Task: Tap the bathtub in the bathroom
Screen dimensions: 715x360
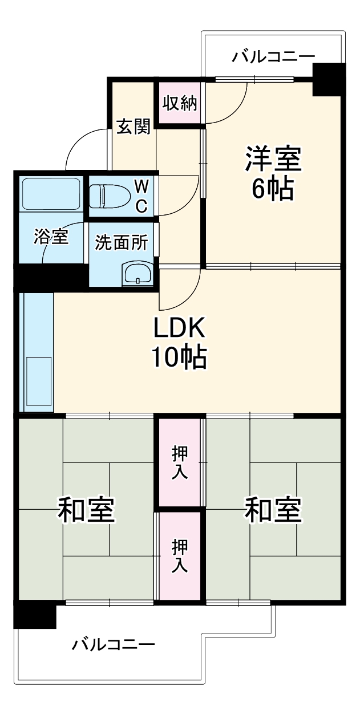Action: pyautogui.click(x=50, y=194)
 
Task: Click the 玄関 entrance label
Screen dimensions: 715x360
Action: pyautogui.click(x=134, y=127)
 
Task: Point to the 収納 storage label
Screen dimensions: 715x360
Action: pyautogui.click(x=179, y=103)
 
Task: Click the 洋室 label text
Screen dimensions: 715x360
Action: pyautogui.click(x=273, y=159)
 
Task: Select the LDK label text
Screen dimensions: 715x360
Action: pyautogui.click(x=179, y=329)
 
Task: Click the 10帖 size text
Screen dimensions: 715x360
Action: pyautogui.click(x=179, y=357)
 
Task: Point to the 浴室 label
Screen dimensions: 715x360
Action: pyautogui.click(x=51, y=237)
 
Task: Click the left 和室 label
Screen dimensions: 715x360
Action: pyautogui.click(x=87, y=510)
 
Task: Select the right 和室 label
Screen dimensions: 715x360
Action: pyautogui.click(x=273, y=510)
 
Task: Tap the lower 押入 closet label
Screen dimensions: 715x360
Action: pyautogui.click(x=180, y=556)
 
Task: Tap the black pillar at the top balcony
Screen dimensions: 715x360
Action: pyautogui.click(x=329, y=79)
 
